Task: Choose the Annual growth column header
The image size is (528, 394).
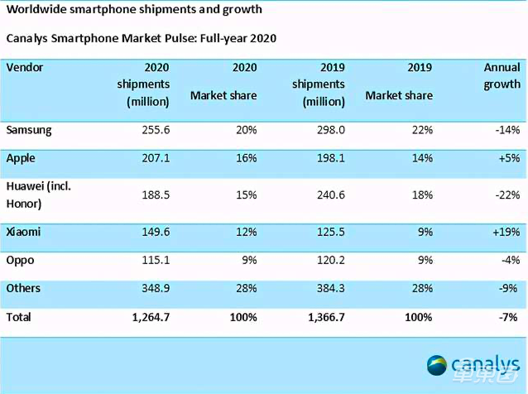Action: point(502,76)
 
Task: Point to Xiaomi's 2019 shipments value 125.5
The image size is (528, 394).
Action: point(328,233)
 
